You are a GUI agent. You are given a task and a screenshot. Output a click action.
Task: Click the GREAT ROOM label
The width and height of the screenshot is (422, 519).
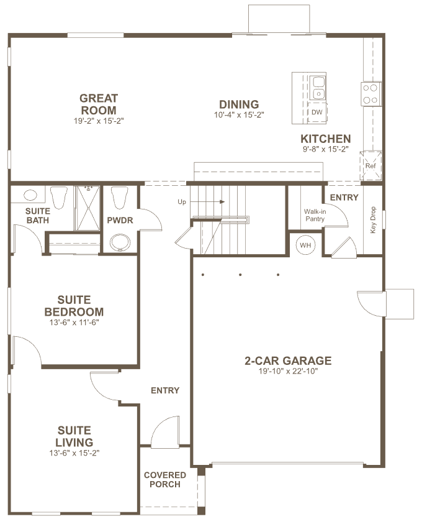tap(99, 104)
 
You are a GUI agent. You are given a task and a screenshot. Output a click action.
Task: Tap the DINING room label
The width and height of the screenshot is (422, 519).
tap(239, 104)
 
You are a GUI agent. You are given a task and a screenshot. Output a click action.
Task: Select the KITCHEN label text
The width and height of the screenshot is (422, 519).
tap(326, 139)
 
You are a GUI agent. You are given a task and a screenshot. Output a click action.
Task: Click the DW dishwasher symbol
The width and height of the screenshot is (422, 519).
tap(317, 112)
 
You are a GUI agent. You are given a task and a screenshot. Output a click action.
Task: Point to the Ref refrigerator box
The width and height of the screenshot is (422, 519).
tap(370, 165)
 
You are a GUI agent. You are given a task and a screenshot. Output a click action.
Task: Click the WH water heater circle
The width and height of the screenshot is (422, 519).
tap(305, 246)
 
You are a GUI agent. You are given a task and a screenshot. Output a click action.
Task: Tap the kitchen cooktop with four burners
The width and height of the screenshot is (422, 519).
tap(370, 94)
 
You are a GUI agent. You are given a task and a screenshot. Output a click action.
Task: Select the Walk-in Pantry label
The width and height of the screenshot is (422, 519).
tap(315, 215)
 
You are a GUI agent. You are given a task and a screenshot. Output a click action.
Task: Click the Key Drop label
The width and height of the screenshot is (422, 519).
tap(373, 220)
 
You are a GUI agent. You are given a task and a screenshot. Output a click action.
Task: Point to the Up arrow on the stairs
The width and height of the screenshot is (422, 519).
tap(207, 201)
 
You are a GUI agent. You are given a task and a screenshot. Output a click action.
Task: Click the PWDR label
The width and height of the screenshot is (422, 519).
tap(120, 220)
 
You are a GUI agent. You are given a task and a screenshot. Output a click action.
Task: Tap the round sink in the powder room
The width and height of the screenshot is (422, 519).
tap(119, 243)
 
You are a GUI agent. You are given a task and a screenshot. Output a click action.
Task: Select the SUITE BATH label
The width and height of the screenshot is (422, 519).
tap(37, 216)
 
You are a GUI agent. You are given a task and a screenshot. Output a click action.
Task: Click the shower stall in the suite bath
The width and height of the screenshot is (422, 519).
tap(87, 208)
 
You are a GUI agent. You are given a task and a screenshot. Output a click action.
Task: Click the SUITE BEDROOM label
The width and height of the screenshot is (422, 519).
tap(74, 306)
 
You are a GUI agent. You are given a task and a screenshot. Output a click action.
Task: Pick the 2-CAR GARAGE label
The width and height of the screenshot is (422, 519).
tap(288, 361)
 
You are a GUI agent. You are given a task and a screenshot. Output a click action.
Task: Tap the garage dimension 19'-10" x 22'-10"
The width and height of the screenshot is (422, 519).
tap(288, 371)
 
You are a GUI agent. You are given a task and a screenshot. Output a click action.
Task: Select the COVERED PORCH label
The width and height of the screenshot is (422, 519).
tap(165, 480)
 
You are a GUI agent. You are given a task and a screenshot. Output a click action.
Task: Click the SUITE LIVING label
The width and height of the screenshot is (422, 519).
tap(74, 436)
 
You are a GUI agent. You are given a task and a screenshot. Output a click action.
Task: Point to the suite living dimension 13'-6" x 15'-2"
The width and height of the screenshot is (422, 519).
tap(74, 452)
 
